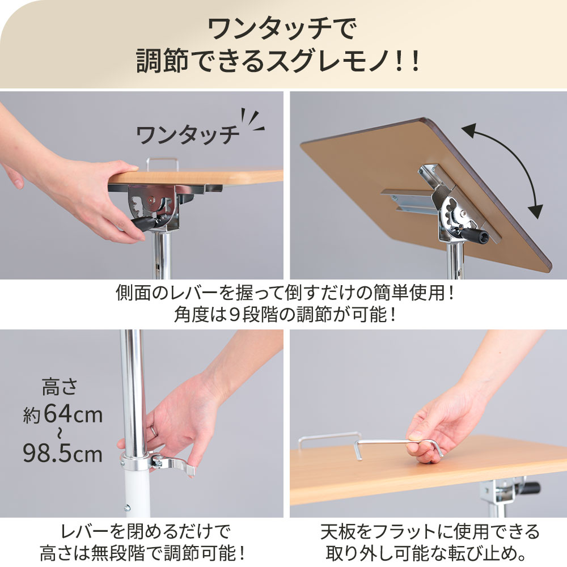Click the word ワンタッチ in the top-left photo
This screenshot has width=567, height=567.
click(188, 135)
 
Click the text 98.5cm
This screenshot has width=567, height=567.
click(62, 453)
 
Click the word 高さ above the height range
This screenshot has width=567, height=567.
click(60, 390)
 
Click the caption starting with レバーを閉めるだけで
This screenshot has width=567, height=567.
click(145, 532)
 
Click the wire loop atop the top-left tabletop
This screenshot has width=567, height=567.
click(163, 163)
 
